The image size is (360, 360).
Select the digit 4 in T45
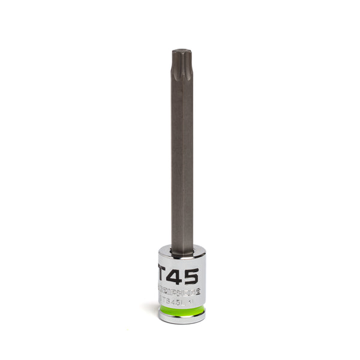click(x=178, y=275)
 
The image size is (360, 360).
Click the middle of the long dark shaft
click(x=182, y=156)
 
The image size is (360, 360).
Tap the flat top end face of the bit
click(x=182, y=53)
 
